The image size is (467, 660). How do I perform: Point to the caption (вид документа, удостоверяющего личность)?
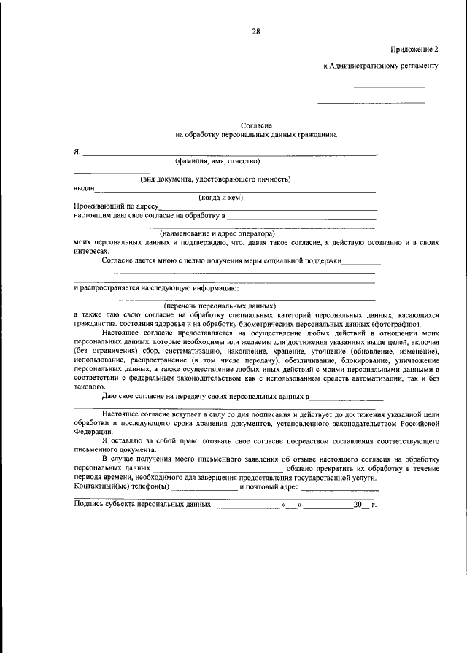coord(216,179)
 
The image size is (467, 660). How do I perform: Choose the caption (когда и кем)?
coord(220,197)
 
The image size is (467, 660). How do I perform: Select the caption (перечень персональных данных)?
coord(220,306)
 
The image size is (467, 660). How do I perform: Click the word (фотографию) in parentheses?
coord(409,324)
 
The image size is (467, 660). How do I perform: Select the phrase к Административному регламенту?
coord(381,66)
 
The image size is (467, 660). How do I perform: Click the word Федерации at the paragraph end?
coord(93,431)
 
